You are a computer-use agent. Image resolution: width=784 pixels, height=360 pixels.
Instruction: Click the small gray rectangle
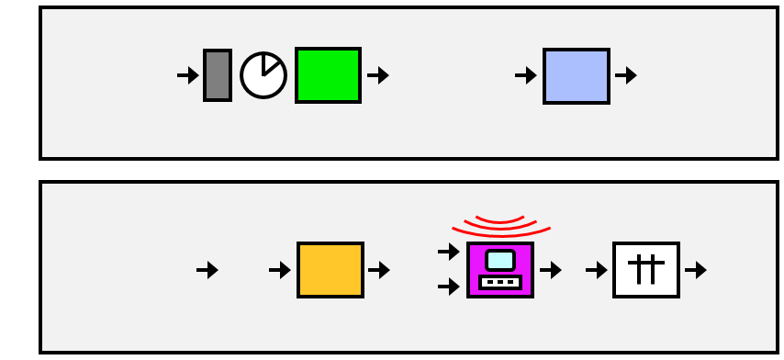click(218, 75)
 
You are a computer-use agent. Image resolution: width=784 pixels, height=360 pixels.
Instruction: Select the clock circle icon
click(263, 75)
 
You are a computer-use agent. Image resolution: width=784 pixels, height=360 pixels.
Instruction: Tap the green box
click(328, 75)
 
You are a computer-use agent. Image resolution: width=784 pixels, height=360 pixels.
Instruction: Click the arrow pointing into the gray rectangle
click(188, 75)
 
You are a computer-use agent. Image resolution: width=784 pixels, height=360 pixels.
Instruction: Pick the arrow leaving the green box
click(378, 75)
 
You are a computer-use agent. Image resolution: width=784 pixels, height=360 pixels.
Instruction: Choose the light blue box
click(577, 75)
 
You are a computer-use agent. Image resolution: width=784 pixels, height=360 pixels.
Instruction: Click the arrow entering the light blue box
click(526, 75)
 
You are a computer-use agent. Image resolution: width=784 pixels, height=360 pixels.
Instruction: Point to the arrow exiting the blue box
click(626, 75)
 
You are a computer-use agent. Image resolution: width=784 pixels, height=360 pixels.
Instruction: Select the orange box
click(330, 270)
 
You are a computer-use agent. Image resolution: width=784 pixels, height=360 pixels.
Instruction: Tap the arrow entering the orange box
click(280, 270)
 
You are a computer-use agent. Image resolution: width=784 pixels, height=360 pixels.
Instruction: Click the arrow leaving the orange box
click(379, 270)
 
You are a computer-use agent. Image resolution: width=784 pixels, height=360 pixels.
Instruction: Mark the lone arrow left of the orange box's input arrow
click(207, 270)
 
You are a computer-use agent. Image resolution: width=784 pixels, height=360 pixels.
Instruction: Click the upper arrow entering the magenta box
click(449, 250)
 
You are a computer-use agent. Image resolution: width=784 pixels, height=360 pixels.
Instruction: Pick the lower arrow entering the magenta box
click(449, 287)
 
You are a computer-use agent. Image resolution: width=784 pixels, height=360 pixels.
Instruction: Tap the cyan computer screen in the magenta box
click(500, 260)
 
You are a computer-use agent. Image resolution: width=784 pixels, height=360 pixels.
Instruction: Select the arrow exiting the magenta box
click(551, 270)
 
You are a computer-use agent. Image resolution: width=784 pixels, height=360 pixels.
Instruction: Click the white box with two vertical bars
click(646, 270)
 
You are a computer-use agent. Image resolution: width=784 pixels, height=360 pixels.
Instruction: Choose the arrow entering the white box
click(597, 270)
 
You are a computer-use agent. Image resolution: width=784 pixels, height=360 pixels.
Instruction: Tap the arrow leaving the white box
click(696, 270)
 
